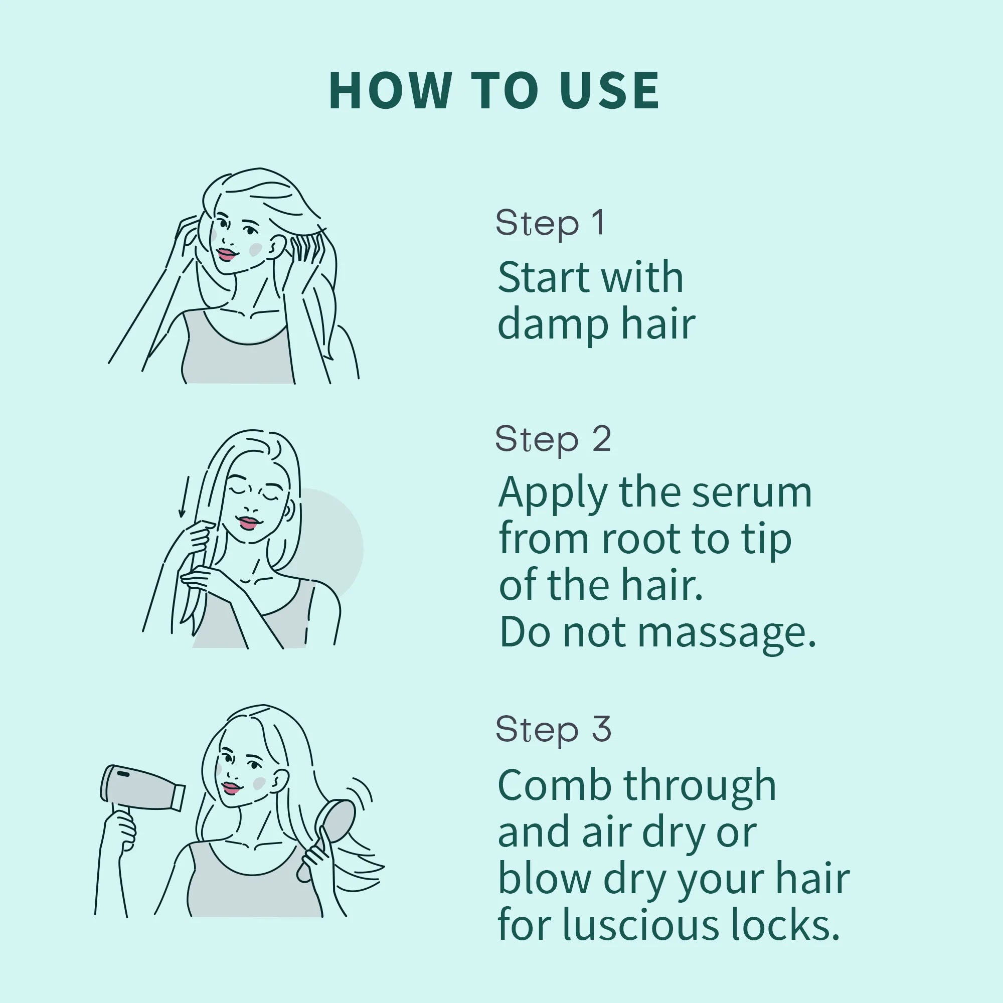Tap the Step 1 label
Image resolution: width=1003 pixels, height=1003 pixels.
tap(550, 223)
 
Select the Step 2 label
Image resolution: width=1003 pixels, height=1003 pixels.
tap(553, 440)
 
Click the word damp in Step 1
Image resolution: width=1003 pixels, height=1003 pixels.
tap(552, 325)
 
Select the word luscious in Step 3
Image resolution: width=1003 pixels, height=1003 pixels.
tap(641, 925)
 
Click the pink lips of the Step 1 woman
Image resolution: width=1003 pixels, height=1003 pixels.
tap(226, 254)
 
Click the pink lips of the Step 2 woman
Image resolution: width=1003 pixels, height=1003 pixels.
tap(248, 522)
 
